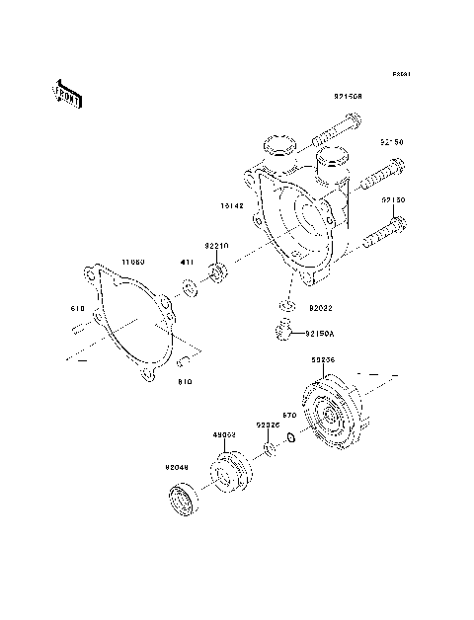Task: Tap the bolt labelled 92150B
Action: pos(339,125)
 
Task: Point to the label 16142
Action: pos(233,207)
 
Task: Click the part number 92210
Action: pos(217,245)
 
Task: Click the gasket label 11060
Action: pos(133,263)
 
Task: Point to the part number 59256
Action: pos(323,360)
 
